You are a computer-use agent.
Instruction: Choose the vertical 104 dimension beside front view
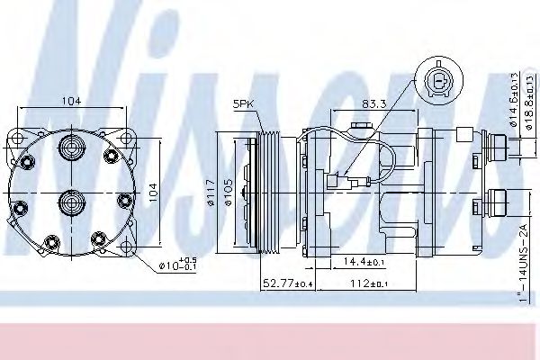[x=153, y=193]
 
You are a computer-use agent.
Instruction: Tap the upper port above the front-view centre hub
[x=72, y=148]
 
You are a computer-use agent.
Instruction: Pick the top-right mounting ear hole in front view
[x=127, y=140]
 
